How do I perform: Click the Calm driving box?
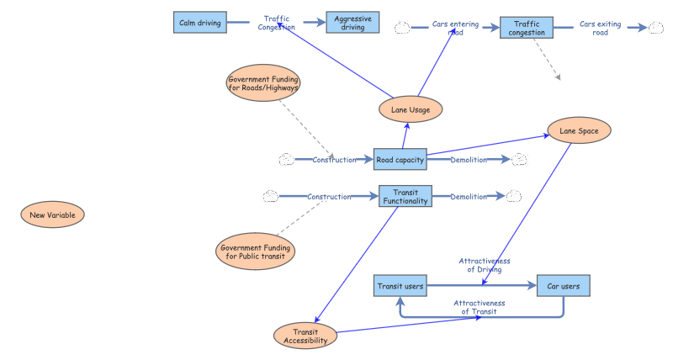[x=200, y=23]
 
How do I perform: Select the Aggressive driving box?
[x=352, y=23]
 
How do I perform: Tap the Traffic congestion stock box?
[x=527, y=29]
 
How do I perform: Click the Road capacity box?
[x=400, y=159]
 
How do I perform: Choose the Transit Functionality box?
[x=405, y=197]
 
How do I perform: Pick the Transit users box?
[x=400, y=287]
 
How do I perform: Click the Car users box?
[x=564, y=287]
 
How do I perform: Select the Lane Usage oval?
[x=411, y=109]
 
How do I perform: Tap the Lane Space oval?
[x=579, y=130]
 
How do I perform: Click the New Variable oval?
[x=52, y=215]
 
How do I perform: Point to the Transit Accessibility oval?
[x=305, y=336]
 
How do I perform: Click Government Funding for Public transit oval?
[x=255, y=252]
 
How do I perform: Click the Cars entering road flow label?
[x=455, y=29]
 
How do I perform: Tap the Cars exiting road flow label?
[x=601, y=29]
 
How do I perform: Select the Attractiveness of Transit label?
[x=479, y=307]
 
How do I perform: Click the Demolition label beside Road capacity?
[x=469, y=160]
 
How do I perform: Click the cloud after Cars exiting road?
[x=656, y=28]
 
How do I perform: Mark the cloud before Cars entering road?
[x=402, y=28]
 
